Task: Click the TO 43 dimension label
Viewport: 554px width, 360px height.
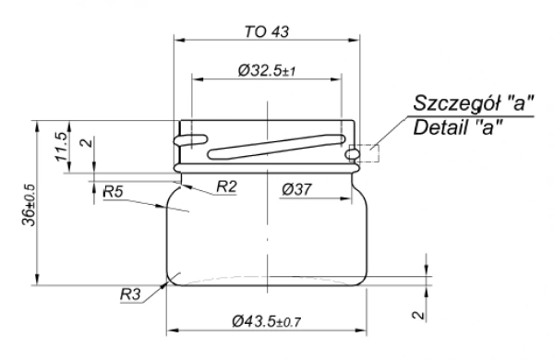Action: pos(267,31)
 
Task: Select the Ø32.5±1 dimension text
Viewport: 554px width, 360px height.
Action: pos(267,70)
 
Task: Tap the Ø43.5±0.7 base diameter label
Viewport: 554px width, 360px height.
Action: pos(267,321)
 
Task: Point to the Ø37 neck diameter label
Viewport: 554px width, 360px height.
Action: pos(296,189)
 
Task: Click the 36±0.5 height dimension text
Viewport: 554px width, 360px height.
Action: pos(29,205)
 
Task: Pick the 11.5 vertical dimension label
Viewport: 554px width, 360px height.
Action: pos(61,147)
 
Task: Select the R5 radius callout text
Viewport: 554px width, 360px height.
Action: pos(113,192)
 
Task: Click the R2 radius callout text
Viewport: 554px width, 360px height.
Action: pos(226,186)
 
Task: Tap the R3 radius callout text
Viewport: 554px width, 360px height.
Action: pos(130,294)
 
